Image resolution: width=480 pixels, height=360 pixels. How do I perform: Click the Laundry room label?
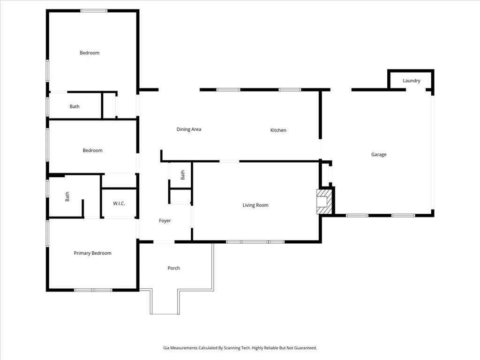pos(412,81)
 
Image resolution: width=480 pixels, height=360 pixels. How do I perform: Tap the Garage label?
pos(379,155)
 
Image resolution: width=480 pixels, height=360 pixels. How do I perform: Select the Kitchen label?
pos(278,130)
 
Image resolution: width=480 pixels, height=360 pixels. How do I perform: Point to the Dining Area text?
pos(189,129)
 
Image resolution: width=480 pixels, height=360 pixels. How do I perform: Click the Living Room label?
pos(255,205)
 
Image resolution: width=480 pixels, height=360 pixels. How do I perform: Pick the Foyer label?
pos(165,221)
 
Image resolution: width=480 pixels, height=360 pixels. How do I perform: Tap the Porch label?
pos(173,268)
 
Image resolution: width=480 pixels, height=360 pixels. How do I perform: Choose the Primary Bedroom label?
pos(92,253)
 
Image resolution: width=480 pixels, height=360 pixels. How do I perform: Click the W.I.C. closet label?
pos(119,203)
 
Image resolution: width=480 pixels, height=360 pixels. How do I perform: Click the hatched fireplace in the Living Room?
pos(324,202)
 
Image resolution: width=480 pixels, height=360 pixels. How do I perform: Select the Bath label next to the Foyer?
pos(183,175)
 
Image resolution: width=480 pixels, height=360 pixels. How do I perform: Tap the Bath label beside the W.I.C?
pos(67,196)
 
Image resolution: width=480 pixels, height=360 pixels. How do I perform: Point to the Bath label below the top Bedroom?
pos(75,106)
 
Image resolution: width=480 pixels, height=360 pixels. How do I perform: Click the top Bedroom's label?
pos(90,53)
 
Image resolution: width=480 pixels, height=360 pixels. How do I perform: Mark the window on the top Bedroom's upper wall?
pos(94,11)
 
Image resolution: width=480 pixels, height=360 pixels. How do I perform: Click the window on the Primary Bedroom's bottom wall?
pos(93,290)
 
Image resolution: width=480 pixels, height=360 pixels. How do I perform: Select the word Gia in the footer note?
pos(166,348)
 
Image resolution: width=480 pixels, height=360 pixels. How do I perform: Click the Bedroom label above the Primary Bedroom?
pos(92,150)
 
